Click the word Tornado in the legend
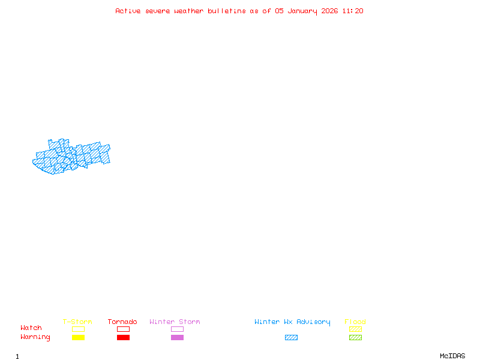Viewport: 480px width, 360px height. (122, 322)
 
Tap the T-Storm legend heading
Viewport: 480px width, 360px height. (77, 322)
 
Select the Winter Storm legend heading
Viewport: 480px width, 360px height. (175, 322)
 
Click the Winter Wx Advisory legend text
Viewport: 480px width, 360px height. (292, 322)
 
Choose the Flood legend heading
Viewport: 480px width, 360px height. (355, 322)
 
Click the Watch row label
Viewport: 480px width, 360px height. (31, 328)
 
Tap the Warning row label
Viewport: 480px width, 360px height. (35, 337)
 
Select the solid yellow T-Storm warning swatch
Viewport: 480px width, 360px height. (78, 338)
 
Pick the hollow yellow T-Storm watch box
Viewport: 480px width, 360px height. (78, 329)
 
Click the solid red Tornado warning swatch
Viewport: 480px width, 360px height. (123, 338)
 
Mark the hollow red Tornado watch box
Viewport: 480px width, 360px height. (123, 329)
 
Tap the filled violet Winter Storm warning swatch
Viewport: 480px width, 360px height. (177, 338)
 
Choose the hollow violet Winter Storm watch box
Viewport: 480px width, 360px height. (177, 329)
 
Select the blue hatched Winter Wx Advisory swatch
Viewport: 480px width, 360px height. (291, 338)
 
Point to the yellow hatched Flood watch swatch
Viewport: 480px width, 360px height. (355, 329)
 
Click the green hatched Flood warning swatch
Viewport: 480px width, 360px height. (355, 338)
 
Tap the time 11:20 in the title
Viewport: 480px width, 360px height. (353, 11)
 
